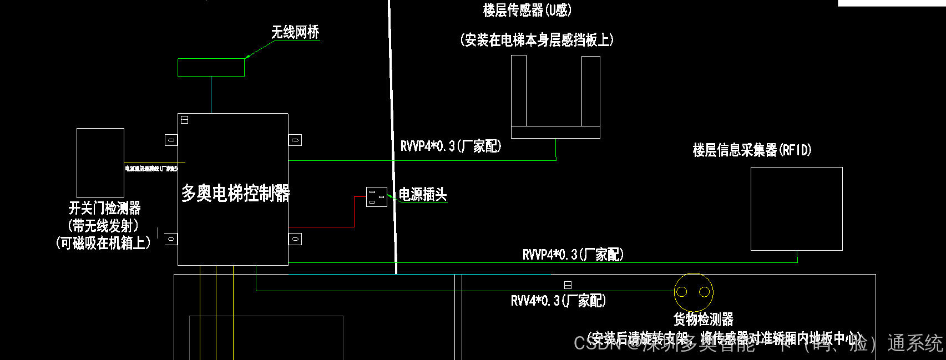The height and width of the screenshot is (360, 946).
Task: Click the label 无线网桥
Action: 295,32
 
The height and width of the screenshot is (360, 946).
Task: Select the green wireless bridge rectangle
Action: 211,67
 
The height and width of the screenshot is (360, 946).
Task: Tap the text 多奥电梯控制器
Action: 235,193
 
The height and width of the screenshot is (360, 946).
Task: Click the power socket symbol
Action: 377,197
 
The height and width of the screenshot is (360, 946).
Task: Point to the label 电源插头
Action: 423,195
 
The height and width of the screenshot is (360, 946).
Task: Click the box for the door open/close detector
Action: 100,163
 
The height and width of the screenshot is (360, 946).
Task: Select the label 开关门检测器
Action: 104,208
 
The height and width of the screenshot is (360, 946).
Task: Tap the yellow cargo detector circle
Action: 694,292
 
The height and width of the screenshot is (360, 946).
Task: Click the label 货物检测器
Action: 704,319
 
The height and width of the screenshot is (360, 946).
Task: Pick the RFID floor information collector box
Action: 796,209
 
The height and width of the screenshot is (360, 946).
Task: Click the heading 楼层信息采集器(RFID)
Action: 752,150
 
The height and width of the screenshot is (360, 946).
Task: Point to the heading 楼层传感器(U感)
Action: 527,10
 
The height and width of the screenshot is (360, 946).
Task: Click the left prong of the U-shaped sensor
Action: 519,91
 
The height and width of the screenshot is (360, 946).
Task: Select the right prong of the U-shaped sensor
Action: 591,91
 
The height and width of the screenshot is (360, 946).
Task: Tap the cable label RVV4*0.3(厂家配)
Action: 558,301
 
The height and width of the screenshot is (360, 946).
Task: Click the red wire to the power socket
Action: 355,211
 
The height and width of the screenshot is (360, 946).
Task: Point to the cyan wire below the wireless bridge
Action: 211,94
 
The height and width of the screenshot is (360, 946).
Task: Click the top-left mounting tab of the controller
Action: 171,140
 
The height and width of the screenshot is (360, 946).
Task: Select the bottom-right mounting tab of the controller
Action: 295,239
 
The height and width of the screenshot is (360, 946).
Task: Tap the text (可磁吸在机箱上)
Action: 103,243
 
